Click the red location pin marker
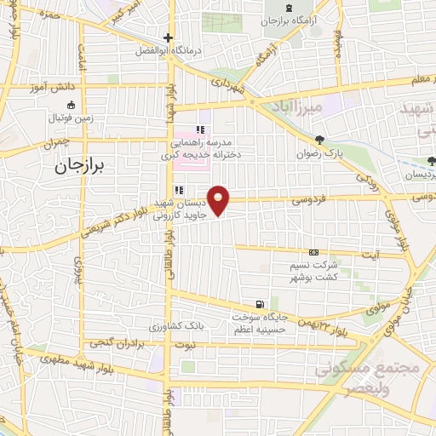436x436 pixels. (220, 199)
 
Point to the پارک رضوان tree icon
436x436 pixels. (319, 140)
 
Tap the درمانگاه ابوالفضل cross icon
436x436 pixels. (169, 37)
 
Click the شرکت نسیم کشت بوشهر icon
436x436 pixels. (313, 253)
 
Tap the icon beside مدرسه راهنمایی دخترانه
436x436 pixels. (201, 130)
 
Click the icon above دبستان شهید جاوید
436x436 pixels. (179, 190)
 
